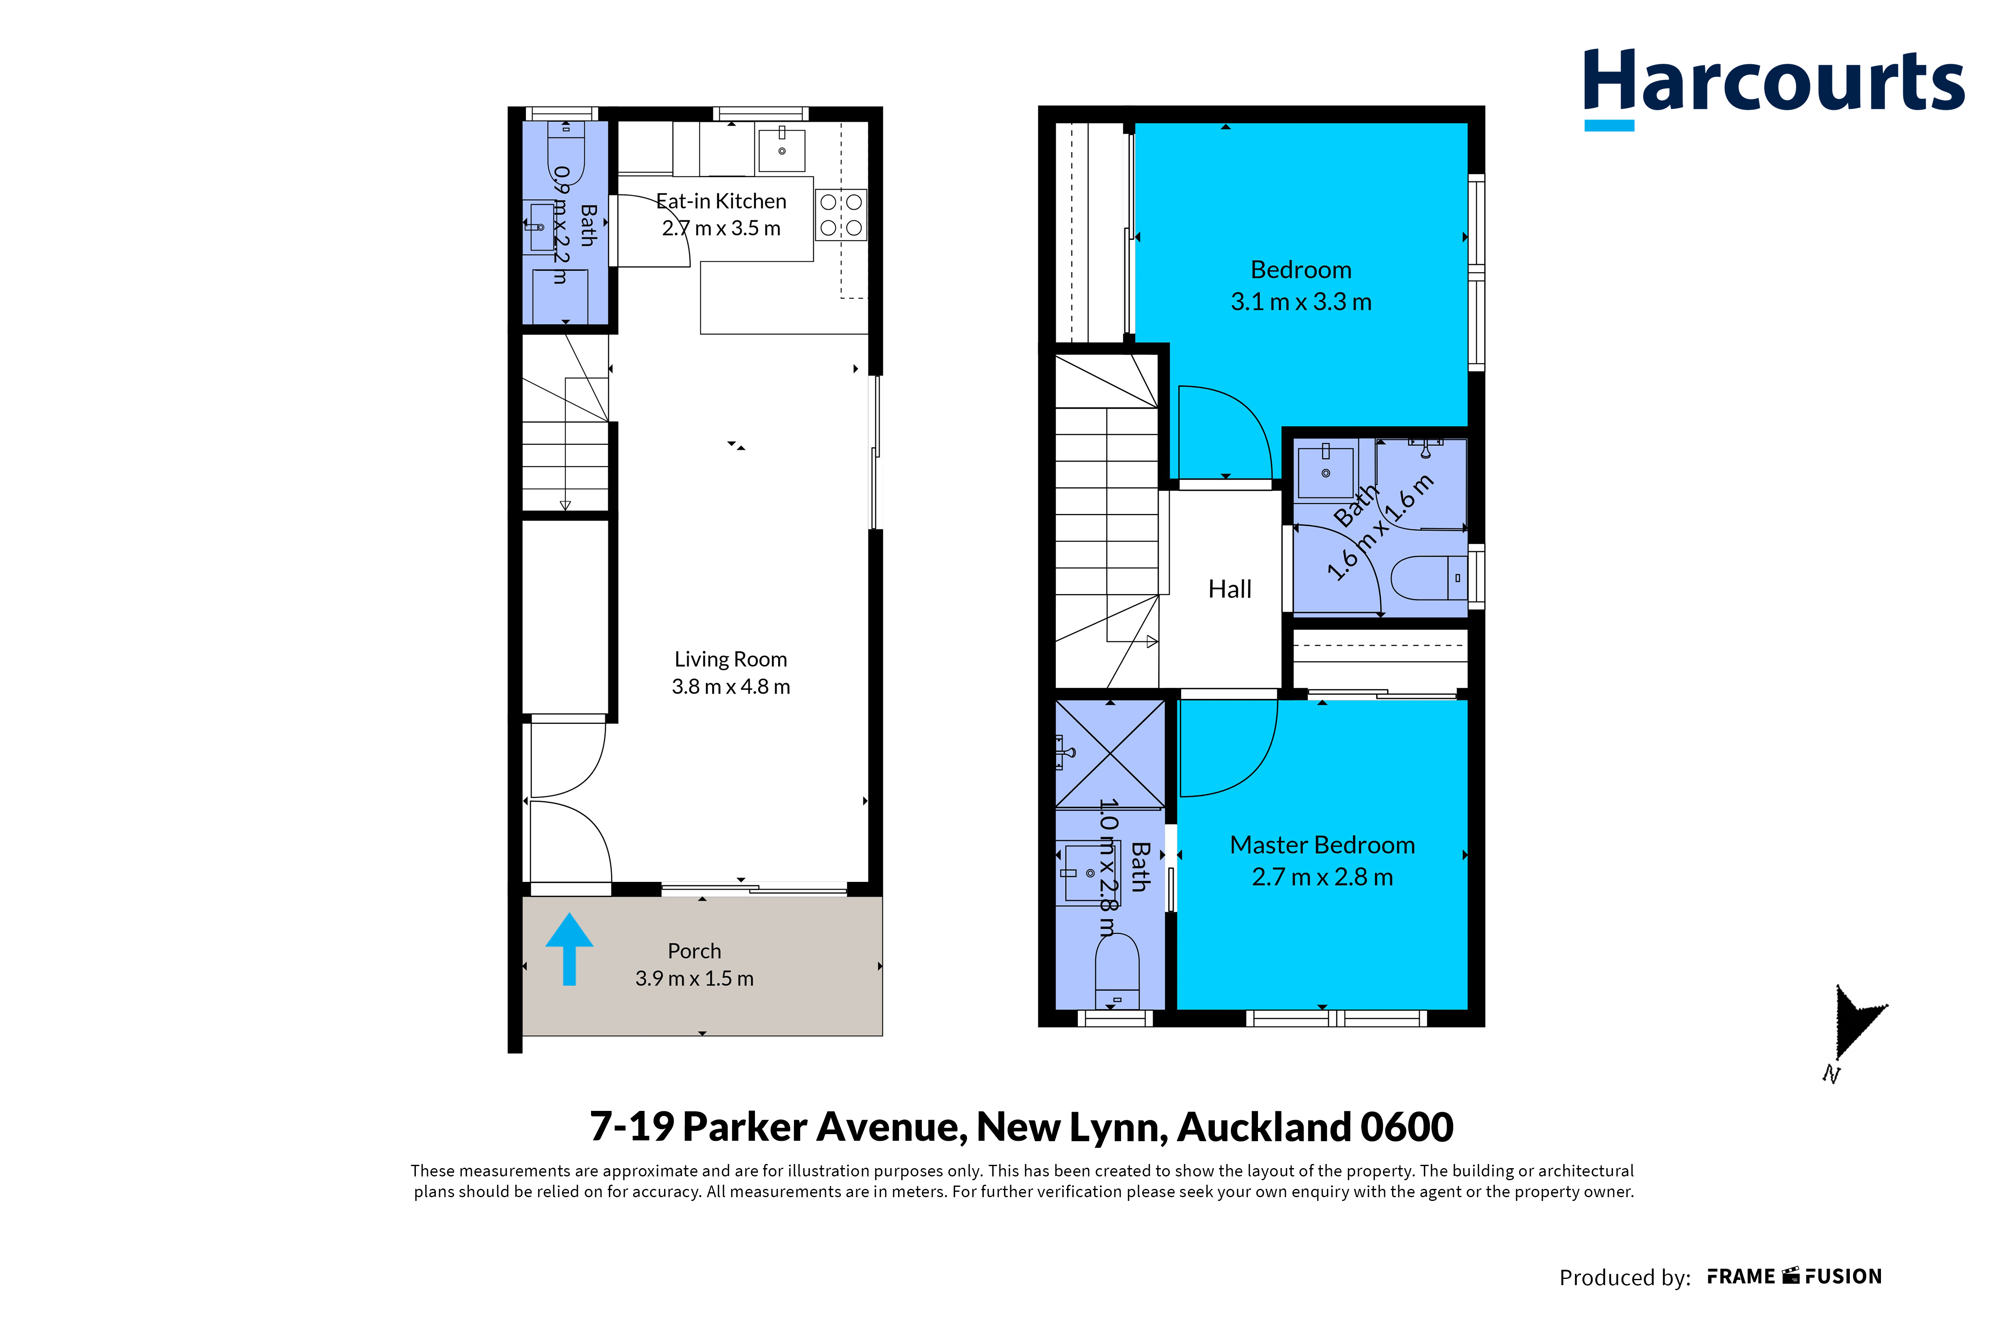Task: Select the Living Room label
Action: [731, 659]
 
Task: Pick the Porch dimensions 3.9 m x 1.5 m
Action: [694, 979]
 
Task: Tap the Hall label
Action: [1230, 589]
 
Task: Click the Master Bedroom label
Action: [1322, 845]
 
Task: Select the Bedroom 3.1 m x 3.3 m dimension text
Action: [1301, 302]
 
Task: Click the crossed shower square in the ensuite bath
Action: [1110, 753]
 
